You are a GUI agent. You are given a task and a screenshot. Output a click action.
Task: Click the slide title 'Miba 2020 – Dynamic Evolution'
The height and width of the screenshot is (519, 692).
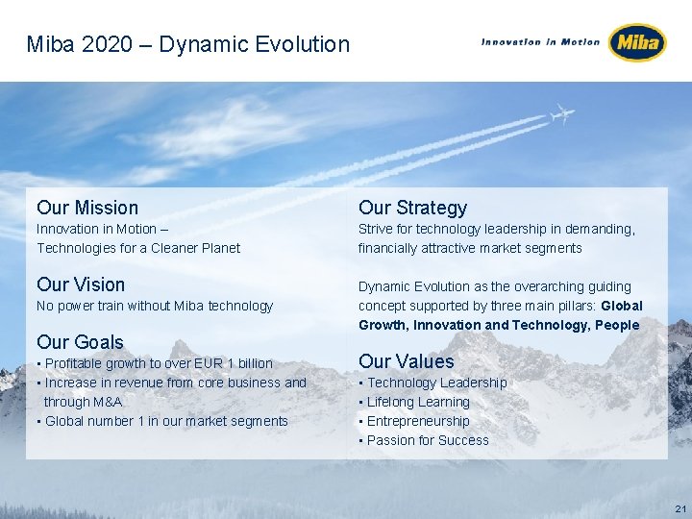point(188,44)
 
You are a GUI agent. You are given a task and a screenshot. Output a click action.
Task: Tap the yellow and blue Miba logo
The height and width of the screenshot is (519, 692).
point(637,42)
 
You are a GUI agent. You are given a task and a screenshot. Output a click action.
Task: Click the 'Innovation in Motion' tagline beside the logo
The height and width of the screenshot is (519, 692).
point(540,41)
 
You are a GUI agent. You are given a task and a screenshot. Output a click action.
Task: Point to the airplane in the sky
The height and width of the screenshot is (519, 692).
point(561,115)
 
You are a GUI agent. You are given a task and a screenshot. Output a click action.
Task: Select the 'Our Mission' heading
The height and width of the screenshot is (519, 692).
point(87,208)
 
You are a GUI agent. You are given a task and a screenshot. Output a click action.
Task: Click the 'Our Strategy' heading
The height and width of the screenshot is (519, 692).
point(412,208)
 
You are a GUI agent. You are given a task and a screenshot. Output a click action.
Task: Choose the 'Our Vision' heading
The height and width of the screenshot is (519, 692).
point(81,284)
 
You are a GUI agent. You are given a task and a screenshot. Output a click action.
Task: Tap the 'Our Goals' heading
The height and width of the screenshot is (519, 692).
point(80,342)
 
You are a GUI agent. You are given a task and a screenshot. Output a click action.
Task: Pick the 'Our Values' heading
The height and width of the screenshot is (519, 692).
point(406,361)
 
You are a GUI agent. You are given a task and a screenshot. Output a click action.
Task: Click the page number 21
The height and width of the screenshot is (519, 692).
point(680,507)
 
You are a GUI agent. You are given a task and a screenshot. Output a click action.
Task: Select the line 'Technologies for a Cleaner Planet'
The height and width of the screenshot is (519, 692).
point(138,248)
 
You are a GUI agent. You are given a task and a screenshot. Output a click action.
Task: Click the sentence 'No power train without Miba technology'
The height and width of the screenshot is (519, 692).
point(155,306)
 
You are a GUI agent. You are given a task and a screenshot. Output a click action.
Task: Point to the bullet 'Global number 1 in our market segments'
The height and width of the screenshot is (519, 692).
point(165,421)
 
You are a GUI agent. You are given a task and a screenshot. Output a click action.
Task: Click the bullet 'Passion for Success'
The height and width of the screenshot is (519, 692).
point(428,440)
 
